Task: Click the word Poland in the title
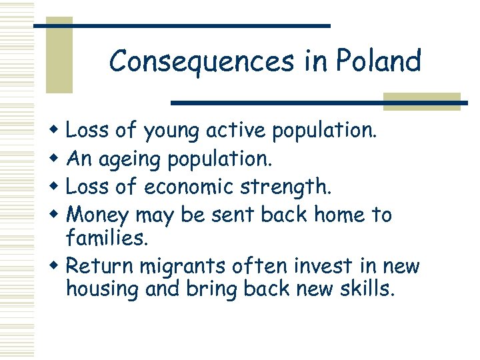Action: coord(378,61)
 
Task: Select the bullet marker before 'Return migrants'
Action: coord(55,267)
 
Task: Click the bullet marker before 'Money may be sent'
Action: coord(55,215)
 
